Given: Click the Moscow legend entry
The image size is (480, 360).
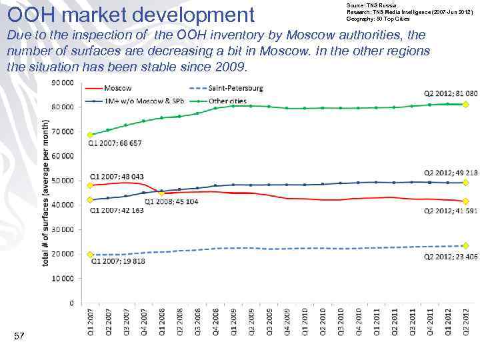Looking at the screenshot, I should tap(117, 88).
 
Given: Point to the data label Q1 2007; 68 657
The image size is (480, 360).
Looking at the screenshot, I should tap(114, 143).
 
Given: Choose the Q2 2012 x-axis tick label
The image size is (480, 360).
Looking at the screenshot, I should tap(466, 320).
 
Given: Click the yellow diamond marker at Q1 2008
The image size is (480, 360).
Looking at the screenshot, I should tap(161, 193).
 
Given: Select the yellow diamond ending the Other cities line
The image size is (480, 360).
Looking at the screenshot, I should tap(466, 105).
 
